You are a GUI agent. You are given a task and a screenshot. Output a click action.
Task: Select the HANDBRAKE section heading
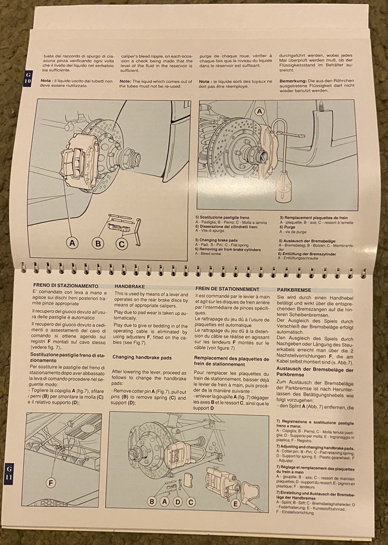(130, 287)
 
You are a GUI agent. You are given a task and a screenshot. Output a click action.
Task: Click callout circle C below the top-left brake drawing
(121, 244)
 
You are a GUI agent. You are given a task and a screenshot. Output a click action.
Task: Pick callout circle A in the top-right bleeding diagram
(260, 112)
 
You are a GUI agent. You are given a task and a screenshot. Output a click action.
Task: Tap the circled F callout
(51, 483)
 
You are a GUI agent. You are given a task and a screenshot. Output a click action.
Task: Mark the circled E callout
(235, 502)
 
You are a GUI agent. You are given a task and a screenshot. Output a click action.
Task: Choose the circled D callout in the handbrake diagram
(177, 501)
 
